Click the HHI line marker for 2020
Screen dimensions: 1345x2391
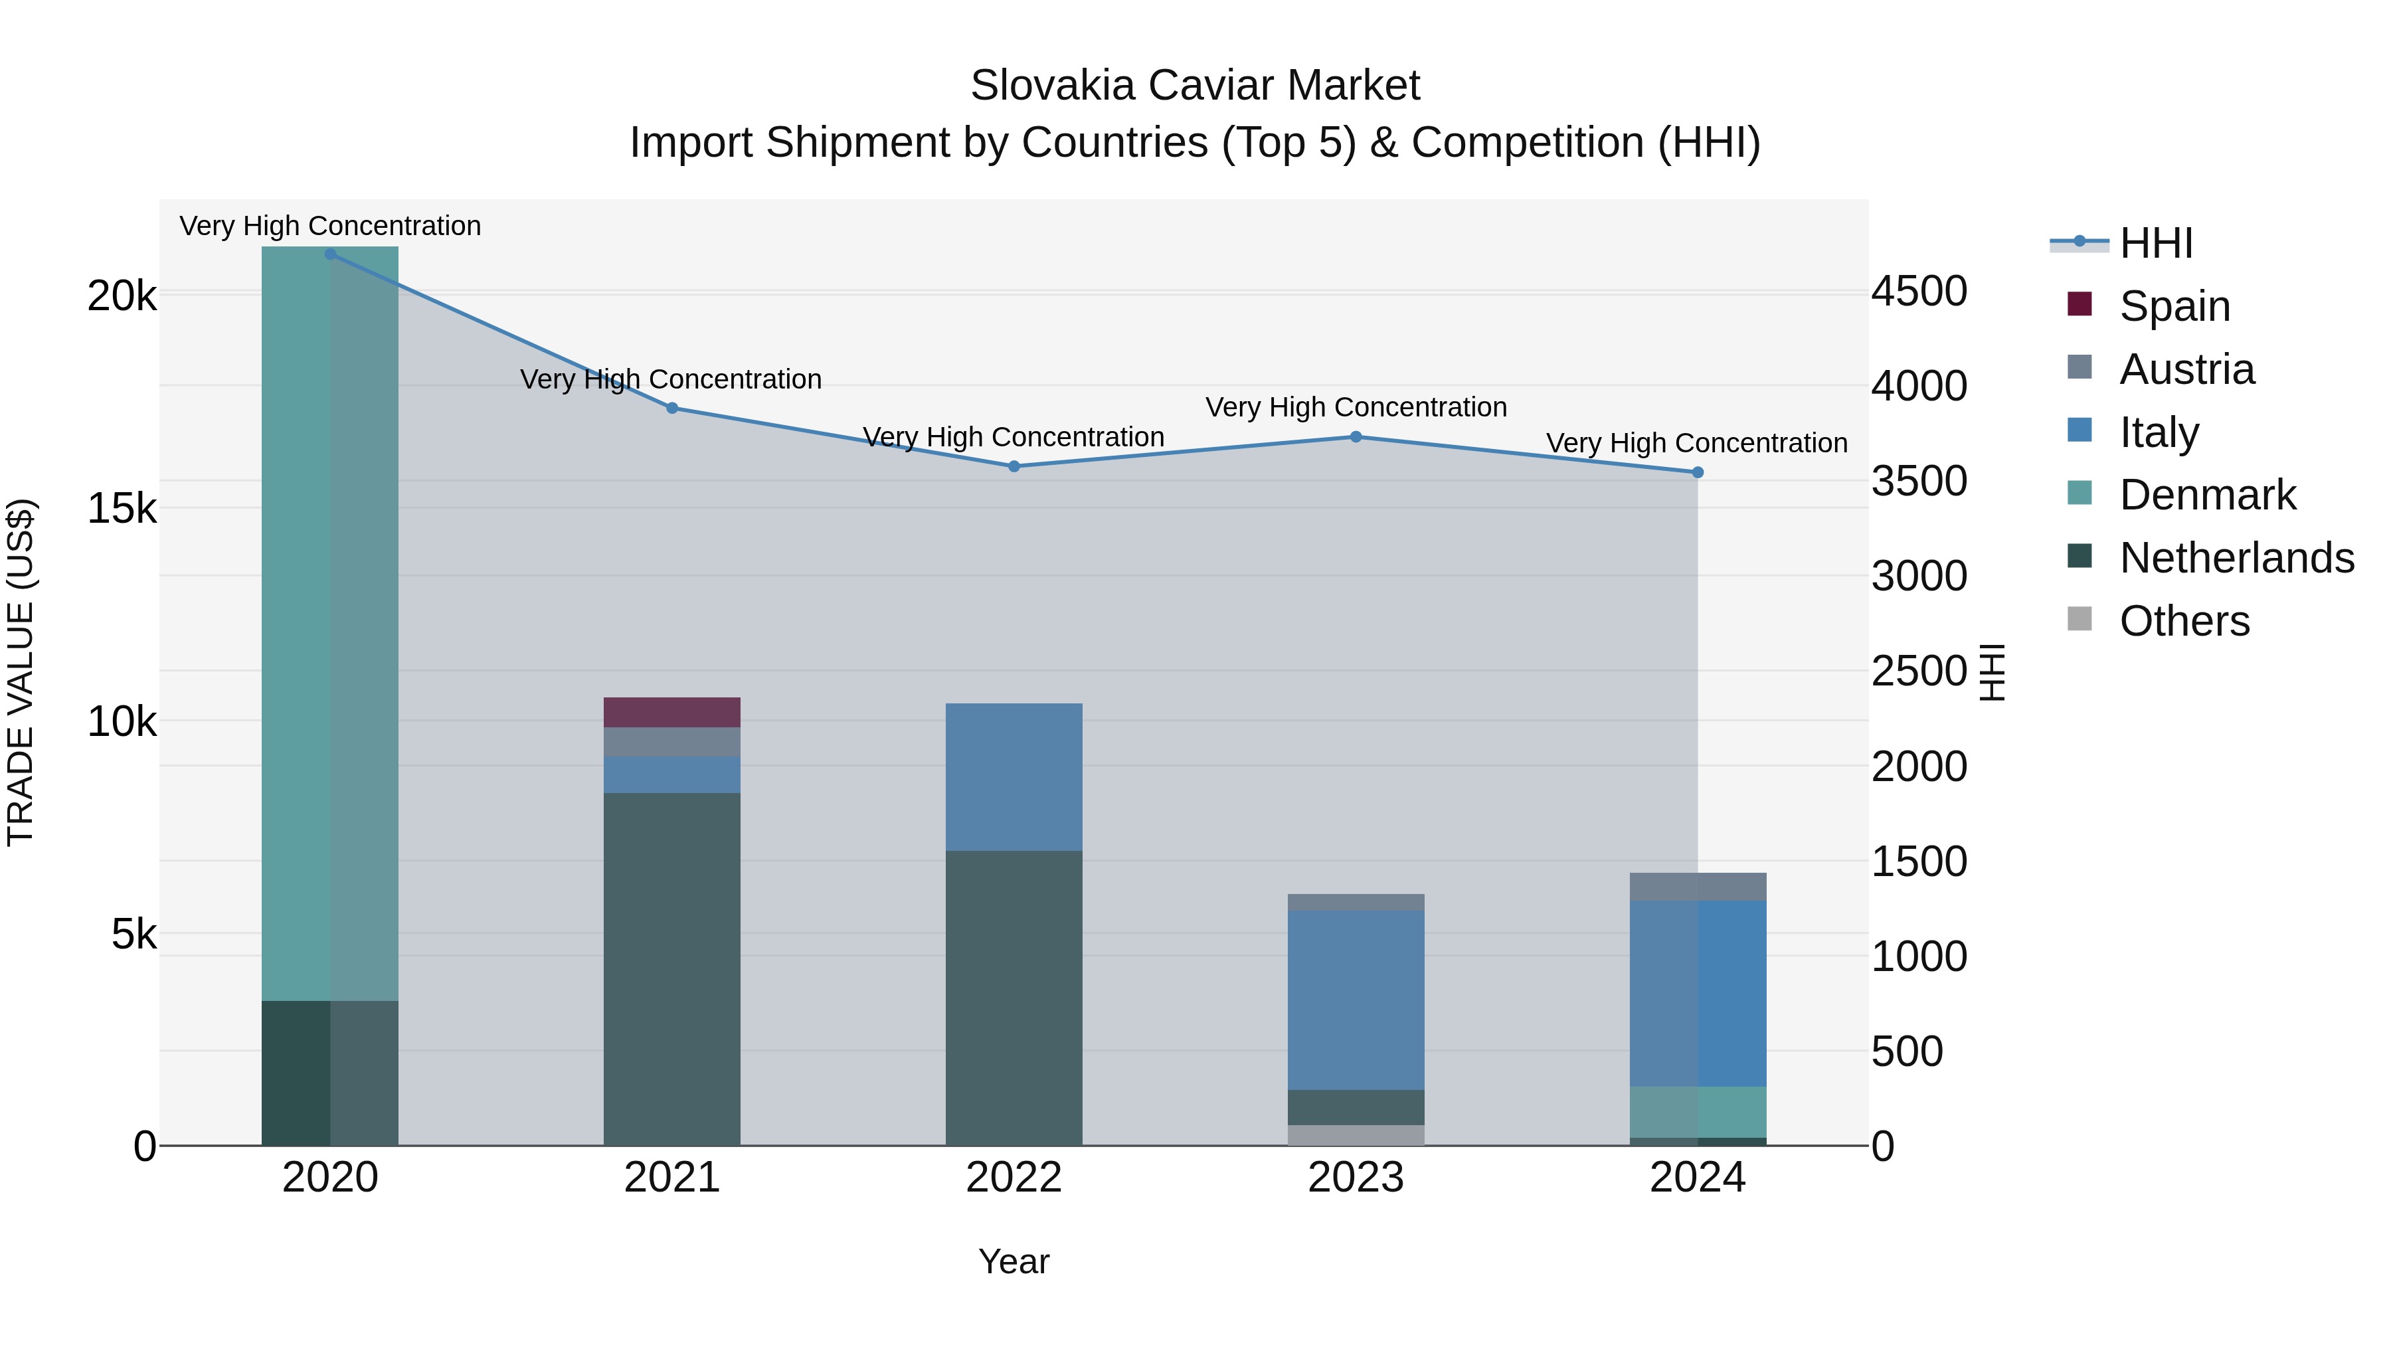tap(331, 254)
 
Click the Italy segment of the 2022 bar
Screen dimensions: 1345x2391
tap(1014, 777)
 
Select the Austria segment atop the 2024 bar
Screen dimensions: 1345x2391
tap(1697, 887)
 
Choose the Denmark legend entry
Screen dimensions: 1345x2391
tap(2206, 495)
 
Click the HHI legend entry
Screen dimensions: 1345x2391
tap(2155, 243)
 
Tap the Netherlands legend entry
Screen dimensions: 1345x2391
tap(2235, 558)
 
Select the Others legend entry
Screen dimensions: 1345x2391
tap(2183, 621)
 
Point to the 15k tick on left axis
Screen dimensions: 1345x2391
tap(122, 509)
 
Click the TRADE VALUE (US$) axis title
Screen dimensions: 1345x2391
tap(21, 672)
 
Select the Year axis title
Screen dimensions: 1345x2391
tap(1014, 1263)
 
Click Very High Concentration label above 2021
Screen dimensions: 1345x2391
tap(670, 380)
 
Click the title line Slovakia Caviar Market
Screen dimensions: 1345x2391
tap(1195, 86)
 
